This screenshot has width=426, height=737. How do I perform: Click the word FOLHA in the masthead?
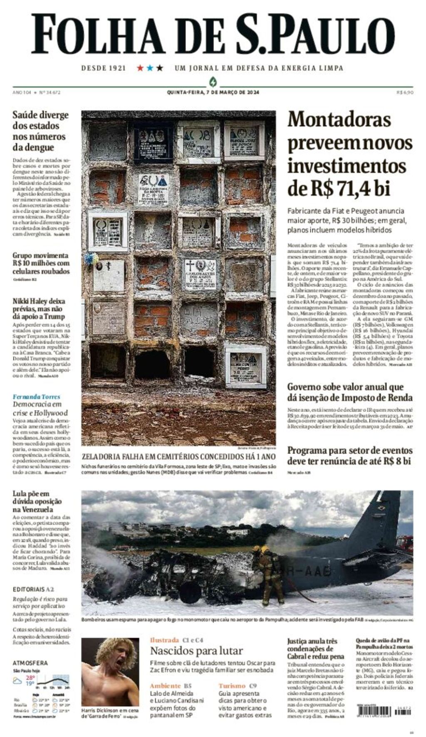pos(98,34)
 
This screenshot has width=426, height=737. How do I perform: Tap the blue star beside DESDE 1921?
pos(150,68)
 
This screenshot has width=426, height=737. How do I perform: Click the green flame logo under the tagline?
pos(213,81)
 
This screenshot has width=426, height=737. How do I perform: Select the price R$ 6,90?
pos(405,92)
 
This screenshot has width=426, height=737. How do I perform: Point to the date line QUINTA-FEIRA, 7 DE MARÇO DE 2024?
pos(213,92)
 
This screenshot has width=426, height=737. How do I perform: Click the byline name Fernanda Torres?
pos(36,397)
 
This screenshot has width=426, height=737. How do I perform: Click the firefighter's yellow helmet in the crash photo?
pos(265,550)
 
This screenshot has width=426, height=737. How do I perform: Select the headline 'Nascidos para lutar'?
pos(196,651)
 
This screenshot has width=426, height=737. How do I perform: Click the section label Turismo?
pos(232,685)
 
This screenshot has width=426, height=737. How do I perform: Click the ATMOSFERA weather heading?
pos(30,663)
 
